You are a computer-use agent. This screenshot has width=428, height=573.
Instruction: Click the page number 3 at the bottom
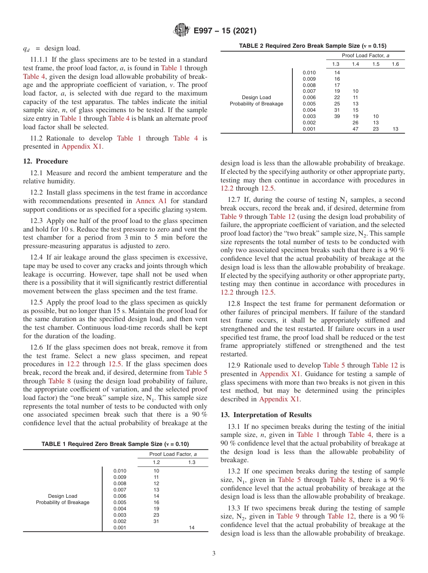pos(214,554)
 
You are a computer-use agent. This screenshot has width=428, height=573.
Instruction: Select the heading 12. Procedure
pos(46,161)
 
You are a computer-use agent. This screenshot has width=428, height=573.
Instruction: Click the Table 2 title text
pos(312,46)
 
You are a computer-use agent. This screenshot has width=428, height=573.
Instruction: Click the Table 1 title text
pos(115,444)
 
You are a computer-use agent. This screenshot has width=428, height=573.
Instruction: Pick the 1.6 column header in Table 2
pos(395,64)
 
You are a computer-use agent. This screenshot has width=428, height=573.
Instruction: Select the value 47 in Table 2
pos(355,129)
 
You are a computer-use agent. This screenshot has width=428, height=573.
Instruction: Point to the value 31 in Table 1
pos(156,521)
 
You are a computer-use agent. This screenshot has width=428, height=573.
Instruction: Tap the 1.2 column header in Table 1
pos(156,462)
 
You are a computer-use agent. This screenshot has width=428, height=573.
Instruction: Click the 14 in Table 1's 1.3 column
pos(191,528)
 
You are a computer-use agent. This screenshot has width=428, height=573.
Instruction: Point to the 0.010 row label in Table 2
pos(309,73)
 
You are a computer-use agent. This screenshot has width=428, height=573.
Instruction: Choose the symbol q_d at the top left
pos(27,49)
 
